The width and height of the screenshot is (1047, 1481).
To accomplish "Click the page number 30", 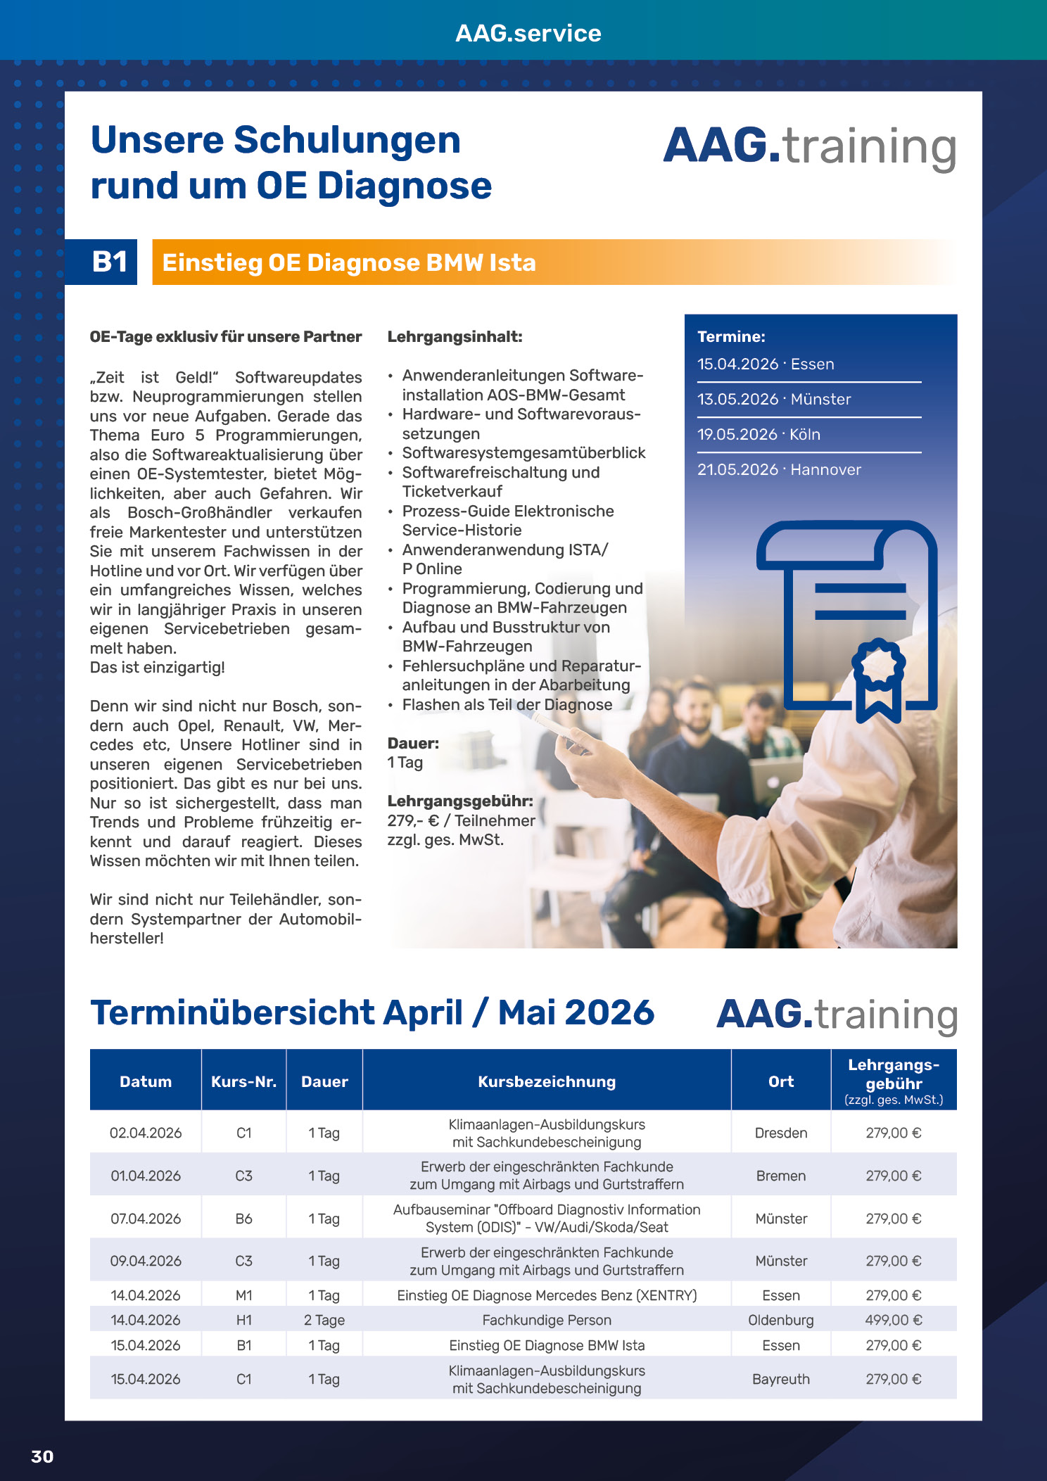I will (42, 1456).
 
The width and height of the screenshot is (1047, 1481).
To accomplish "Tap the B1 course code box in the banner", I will (109, 262).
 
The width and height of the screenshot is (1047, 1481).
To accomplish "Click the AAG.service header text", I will (528, 33).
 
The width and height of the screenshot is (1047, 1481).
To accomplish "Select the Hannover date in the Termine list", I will (779, 469).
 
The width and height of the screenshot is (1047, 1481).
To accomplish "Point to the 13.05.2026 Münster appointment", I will (774, 399).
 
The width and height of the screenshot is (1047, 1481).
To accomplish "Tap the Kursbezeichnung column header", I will (547, 1081).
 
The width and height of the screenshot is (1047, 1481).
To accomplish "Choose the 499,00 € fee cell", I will (893, 1320).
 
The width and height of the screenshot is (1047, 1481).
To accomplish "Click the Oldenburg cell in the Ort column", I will (780, 1320).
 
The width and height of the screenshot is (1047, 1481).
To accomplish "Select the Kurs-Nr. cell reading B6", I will (243, 1219).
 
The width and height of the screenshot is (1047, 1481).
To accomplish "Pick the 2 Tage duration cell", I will (324, 1320).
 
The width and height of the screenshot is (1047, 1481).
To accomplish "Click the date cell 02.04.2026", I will (146, 1133).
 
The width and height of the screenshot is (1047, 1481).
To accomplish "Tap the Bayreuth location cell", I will (780, 1379).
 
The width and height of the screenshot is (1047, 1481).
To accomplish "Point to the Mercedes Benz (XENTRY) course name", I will (547, 1295).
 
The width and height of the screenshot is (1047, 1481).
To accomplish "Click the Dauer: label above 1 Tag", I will (413, 743).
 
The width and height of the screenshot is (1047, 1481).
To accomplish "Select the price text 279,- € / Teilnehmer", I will (461, 820).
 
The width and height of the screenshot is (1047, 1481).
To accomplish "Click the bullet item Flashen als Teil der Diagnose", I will (507, 704).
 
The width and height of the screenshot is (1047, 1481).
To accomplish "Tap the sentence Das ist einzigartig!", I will (158, 667).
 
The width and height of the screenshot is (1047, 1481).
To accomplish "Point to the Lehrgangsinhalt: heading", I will (455, 336).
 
